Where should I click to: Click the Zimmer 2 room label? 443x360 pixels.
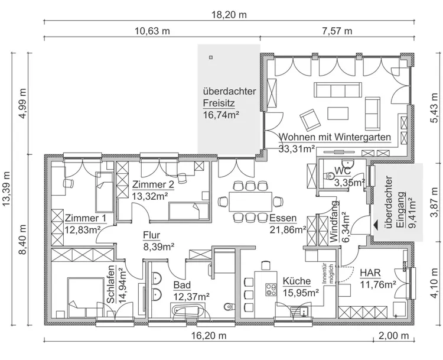153,184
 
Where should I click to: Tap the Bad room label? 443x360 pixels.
182,285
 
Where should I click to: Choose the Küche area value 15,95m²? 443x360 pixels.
301,291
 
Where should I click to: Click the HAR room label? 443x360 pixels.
370,274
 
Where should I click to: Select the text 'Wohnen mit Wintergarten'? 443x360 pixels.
335,137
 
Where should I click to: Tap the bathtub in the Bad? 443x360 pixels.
186,311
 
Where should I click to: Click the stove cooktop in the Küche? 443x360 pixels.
271,290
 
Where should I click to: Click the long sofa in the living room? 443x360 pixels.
338,90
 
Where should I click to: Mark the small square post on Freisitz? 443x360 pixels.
210,57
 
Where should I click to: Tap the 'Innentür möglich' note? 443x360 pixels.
328,274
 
